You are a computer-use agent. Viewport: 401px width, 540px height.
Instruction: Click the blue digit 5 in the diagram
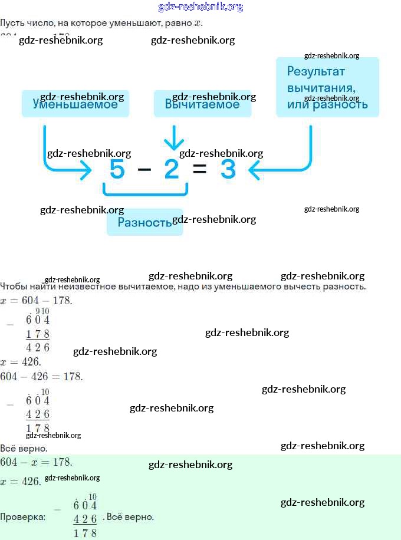(117, 170)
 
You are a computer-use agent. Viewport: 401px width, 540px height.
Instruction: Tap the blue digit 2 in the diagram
(172, 170)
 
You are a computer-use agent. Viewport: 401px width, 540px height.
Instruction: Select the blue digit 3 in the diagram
(228, 170)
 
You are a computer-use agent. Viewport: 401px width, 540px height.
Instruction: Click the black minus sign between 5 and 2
(144, 170)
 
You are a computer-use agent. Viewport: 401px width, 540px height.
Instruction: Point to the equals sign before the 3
(199, 170)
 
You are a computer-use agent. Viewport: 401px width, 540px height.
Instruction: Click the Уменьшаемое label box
(75, 104)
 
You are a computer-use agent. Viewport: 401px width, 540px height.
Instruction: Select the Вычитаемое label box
(202, 104)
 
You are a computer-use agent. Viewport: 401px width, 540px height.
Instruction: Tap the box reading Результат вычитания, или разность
(327, 87)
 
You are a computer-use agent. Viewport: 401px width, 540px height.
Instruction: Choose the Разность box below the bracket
(144, 222)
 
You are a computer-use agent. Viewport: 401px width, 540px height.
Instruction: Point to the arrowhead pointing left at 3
(254, 171)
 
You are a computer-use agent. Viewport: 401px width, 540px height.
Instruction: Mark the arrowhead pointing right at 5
(86, 171)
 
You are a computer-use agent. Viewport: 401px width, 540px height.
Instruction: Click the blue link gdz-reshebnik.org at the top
(200, 7)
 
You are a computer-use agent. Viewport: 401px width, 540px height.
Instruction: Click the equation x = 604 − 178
(36, 301)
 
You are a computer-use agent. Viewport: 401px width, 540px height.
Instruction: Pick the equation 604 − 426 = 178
(41, 376)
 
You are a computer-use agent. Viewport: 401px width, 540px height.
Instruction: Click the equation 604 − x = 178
(36, 462)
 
